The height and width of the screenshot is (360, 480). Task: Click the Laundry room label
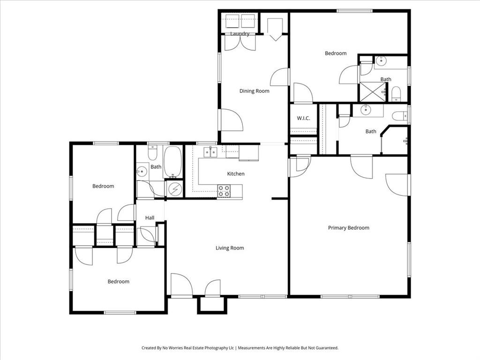[240, 34]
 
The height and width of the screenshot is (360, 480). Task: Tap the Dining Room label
[254, 91]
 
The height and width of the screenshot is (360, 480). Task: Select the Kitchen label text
[236, 174]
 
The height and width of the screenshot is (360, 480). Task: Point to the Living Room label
[230, 248]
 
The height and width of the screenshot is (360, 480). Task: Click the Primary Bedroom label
[348, 228]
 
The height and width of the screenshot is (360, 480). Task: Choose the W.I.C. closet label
[303, 118]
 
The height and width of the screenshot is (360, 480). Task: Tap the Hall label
[150, 218]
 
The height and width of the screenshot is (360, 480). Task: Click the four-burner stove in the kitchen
[224, 191]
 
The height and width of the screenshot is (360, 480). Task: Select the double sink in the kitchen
[210, 152]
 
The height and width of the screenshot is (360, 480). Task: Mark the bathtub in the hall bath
[173, 162]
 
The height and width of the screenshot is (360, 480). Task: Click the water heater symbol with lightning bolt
[174, 189]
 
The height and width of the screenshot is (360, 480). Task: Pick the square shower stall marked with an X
[372, 92]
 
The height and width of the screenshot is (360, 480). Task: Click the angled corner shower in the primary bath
[395, 139]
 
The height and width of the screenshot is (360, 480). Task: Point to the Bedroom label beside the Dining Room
[336, 53]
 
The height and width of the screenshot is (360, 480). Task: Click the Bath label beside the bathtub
[156, 167]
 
